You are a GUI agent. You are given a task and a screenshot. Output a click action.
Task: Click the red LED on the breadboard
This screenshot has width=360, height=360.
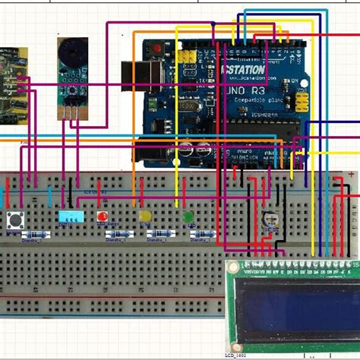(x=101, y=217)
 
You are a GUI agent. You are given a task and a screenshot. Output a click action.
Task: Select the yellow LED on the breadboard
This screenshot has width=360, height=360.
(x=144, y=217)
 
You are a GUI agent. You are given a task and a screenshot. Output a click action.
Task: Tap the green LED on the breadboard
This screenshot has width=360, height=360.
(x=188, y=217)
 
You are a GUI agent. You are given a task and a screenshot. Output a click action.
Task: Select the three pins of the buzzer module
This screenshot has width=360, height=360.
(x=72, y=111)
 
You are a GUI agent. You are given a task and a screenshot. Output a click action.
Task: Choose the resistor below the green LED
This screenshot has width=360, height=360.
(x=201, y=235)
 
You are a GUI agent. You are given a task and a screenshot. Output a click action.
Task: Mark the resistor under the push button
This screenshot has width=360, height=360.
(x=29, y=235)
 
